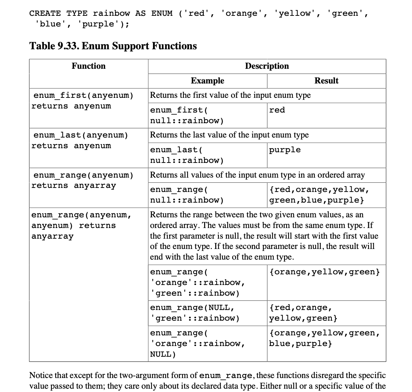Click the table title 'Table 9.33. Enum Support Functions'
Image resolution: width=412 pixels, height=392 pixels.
[x=113, y=46]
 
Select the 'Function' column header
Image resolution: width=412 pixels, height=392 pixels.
[x=88, y=66]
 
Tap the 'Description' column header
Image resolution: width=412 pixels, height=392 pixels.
[x=267, y=66]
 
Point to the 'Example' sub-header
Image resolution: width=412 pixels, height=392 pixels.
[x=207, y=81]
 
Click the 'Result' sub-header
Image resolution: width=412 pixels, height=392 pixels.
[x=326, y=81]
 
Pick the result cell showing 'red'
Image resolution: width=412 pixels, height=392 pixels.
[x=277, y=110]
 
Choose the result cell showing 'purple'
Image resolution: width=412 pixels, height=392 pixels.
[x=285, y=150]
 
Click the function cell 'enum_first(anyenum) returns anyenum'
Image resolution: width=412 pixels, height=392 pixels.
[x=83, y=101]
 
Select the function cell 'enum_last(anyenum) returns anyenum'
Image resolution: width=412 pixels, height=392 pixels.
[x=80, y=140]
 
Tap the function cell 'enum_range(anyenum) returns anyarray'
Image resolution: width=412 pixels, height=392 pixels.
[x=83, y=180]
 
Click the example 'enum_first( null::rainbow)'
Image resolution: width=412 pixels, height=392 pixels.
[x=187, y=115]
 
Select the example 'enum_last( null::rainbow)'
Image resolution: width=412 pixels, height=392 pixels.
[x=187, y=155]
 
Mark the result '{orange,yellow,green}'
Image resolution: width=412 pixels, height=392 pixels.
[x=324, y=272]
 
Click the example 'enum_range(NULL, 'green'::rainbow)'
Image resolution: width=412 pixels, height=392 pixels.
[x=195, y=313]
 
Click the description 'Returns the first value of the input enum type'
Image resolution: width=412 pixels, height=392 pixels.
[x=230, y=95]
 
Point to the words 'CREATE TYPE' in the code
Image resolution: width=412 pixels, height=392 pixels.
[x=58, y=14]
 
